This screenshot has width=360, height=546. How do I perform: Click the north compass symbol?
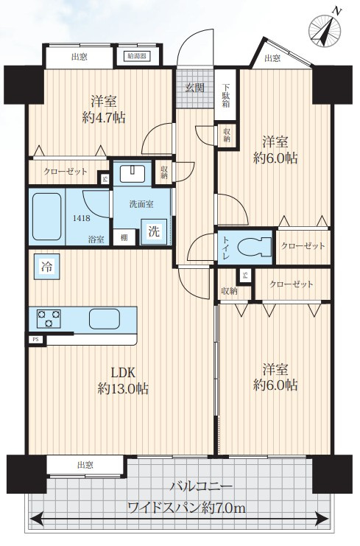325,31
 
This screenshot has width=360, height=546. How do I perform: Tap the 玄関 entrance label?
194,88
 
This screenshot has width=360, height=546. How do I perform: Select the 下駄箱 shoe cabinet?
226,94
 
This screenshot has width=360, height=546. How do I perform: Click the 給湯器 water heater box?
137,56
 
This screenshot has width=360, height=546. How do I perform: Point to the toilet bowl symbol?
255,247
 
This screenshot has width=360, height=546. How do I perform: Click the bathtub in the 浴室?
47,217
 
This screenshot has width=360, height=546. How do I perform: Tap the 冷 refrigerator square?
46,267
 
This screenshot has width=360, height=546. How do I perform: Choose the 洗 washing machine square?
154,231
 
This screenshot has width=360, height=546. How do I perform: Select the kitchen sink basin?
105,318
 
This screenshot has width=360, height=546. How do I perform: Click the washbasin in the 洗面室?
133,173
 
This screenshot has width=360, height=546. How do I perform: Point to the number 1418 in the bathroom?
82,218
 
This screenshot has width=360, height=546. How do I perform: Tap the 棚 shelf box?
124,238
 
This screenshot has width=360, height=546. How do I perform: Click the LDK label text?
123,373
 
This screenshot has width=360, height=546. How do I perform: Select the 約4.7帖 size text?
104,118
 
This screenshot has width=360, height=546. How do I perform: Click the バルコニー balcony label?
201,486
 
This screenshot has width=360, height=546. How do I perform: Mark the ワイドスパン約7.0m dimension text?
187,508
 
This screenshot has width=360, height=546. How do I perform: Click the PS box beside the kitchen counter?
35,340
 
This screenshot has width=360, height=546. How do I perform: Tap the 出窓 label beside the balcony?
85,464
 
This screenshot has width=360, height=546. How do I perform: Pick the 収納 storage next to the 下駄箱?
227,136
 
